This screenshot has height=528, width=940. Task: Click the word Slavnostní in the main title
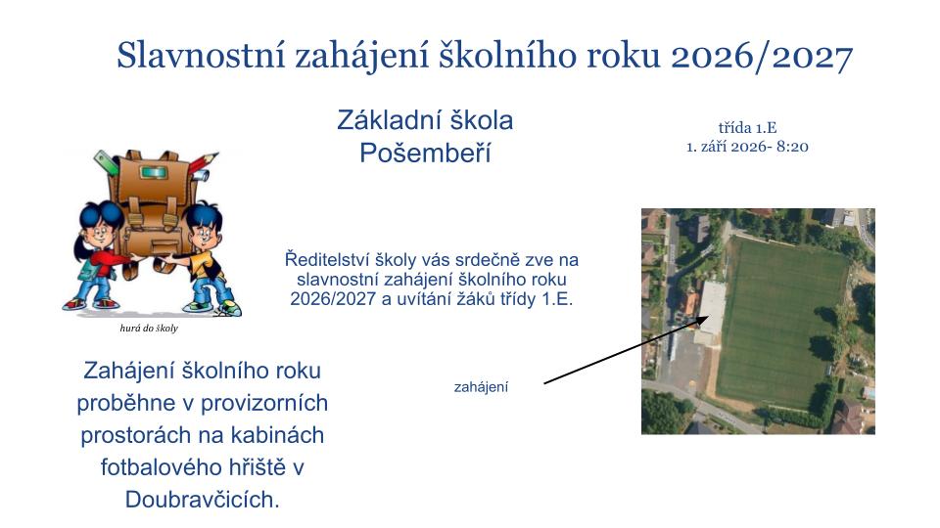click(x=201, y=56)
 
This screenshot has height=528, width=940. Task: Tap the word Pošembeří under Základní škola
click(x=425, y=154)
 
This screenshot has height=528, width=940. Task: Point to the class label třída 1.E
click(x=747, y=127)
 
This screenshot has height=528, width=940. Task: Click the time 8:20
click(x=792, y=147)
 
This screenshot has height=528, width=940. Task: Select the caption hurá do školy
click(x=149, y=329)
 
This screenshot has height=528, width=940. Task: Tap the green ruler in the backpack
click(x=106, y=163)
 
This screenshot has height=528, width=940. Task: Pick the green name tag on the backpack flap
click(x=153, y=173)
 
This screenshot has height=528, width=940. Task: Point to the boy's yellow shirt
click(x=202, y=264)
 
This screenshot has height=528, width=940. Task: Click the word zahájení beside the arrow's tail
click(x=481, y=387)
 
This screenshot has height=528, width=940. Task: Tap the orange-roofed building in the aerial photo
click(x=689, y=303)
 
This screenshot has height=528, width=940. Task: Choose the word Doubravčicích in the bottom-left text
click(x=202, y=500)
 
